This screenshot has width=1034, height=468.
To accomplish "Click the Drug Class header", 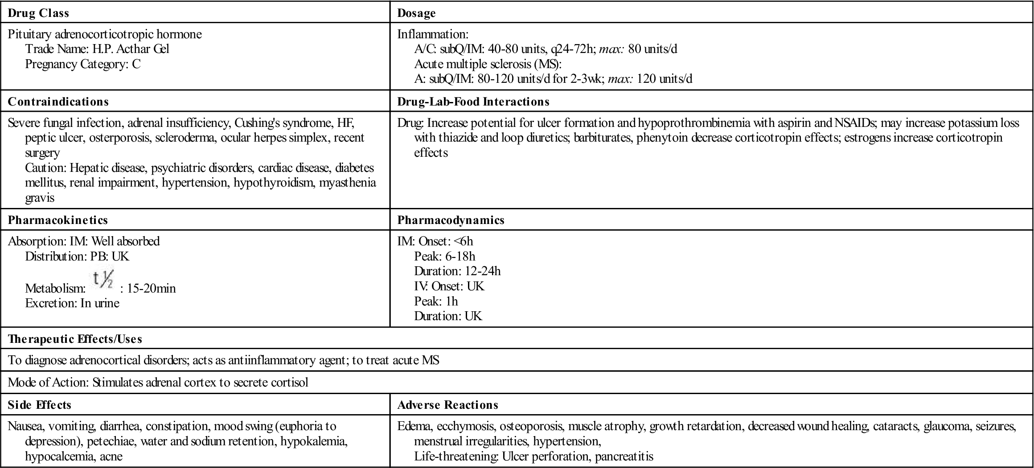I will [x=38, y=13].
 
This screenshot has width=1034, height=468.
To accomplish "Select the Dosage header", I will [x=416, y=13].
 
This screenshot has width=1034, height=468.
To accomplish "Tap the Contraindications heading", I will [x=58, y=102].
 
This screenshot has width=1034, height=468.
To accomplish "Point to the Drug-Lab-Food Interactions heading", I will [x=473, y=102].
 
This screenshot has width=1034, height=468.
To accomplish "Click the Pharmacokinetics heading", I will [x=58, y=220].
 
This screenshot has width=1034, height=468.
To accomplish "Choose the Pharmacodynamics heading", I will [x=451, y=220].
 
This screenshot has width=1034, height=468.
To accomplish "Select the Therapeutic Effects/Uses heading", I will [x=75, y=339].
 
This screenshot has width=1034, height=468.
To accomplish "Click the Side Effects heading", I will [x=40, y=405].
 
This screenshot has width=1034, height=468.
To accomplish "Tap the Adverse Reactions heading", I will [x=448, y=405].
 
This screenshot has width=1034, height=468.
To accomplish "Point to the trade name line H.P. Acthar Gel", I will [x=97, y=49].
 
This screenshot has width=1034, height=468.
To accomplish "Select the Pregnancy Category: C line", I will [x=83, y=64].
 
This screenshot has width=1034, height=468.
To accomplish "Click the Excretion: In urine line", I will [x=72, y=303].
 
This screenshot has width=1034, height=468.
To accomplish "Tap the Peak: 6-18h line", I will [x=445, y=256].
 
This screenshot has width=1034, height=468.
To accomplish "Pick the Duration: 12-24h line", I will [x=457, y=271].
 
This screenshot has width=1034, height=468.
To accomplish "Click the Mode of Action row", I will [x=158, y=383].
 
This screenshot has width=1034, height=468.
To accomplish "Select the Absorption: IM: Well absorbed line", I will [x=84, y=241].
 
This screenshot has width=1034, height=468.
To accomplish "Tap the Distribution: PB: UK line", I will [x=77, y=256].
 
